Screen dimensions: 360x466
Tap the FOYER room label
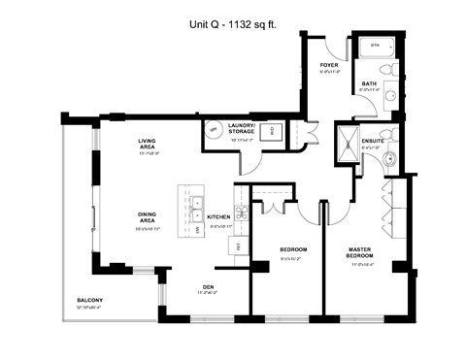click(330, 66)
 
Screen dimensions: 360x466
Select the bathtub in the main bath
click(376, 47)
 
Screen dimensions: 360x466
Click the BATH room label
click(369, 84)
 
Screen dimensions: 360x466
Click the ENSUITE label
click(374, 142)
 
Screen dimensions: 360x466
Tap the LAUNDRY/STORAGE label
click(242, 129)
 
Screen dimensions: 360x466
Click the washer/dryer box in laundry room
click(273, 130)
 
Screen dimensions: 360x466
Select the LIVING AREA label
click(150, 147)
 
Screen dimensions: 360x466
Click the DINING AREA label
click(148, 220)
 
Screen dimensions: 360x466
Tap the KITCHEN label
click(217, 216)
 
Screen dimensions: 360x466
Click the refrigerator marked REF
click(239, 246)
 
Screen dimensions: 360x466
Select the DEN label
click(208, 285)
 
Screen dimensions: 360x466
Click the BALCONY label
click(90, 301)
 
